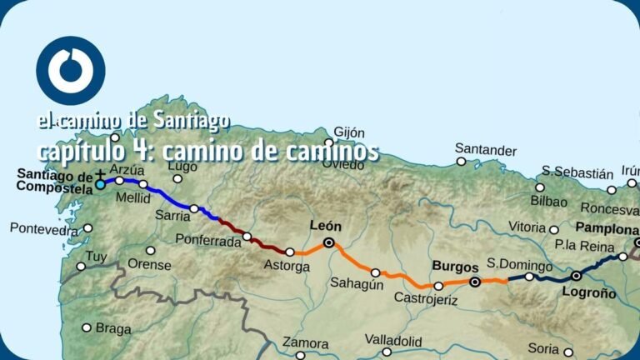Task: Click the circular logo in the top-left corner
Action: tap(71, 71)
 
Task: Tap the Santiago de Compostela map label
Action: tap(55, 182)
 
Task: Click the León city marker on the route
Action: tap(329, 242)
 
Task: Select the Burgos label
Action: tap(455, 267)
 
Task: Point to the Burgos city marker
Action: tap(475, 282)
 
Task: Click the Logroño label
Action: tap(589, 293)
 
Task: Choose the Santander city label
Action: tap(486, 150)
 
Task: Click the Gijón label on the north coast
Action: tap(349, 132)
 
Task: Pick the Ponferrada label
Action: tap(207, 240)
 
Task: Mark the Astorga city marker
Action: tap(289, 252)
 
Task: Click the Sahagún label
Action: tap(357, 283)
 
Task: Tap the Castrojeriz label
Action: tap(425, 298)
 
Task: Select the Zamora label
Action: tap(305, 342)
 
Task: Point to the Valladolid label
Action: tap(393, 341)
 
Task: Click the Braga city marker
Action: tap(86, 327)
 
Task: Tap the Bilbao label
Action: tap(551, 202)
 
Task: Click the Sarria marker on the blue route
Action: tap(193, 208)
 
